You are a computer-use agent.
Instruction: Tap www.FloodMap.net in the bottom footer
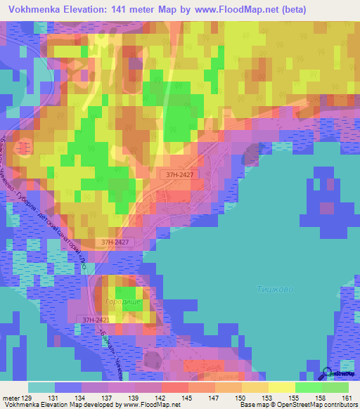click(x=149, y=405)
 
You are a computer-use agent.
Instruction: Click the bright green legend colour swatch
click(x=308, y=387)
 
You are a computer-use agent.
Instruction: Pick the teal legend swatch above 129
click(x=41, y=387)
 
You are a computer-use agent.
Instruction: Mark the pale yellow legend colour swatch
click(x=281, y=387)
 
